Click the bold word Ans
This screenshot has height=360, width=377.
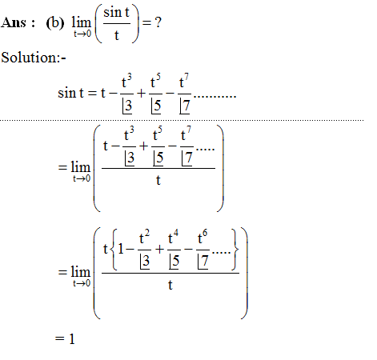pyautogui.click(x=14, y=22)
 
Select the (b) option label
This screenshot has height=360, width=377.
pyautogui.click(x=55, y=23)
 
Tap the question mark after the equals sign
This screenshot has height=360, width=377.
pyautogui.click(x=158, y=22)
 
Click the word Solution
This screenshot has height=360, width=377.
pyautogui.click(x=30, y=58)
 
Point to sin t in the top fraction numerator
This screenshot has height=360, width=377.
pyautogui.click(x=117, y=13)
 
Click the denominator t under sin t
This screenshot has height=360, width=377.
pyautogui.click(x=117, y=35)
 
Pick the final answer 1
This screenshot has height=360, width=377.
pyautogui.click(x=72, y=339)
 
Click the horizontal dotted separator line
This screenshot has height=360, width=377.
pyautogui.click(x=182, y=120)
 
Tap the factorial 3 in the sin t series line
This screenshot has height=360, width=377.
pyautogui.click(x=127, y=106)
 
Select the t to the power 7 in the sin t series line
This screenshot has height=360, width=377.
pyautogui.click(x=184, y=81)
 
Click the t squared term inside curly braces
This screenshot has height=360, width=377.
pyautogui.click(x=144, y=238)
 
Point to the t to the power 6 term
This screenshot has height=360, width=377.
pyautogui.click(x=203, y=238)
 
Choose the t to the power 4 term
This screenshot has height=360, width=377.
pyautogui.click(x=174, y=238)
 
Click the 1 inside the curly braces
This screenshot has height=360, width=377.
pyautogui.click(x=121, y=249)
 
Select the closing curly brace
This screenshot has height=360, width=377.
pyautogui.click(x=235, y=250)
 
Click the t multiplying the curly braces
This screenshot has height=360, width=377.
pyautogui.click(x=106, y=249)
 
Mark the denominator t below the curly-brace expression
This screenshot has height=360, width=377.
pyautogui.click(x=170, y=285)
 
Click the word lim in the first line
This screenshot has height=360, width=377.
pyautogui.click(x=82, y=22)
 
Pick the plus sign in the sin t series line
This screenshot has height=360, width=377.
pyautogui.click(x=141, y=94)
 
